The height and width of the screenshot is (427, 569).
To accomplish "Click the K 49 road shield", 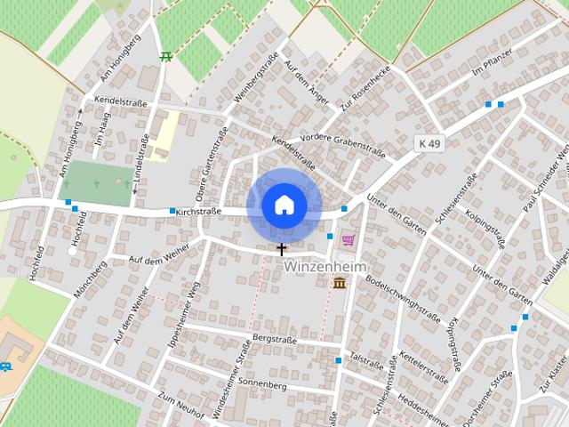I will tap(429, 142).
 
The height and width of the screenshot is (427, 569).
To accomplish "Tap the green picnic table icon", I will tap(165, 57).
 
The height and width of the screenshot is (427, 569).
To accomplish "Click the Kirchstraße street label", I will tap(198, 213).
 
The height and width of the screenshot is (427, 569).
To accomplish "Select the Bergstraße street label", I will tap(273, 339).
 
